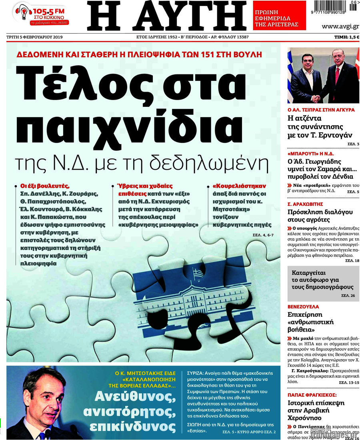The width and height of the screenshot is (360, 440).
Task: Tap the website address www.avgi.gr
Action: (x=340, y=26)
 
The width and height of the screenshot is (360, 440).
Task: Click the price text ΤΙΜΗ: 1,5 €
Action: (x=346, y=37)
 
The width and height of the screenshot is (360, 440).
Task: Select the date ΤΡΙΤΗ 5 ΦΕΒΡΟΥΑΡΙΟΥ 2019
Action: (x=34, y=37)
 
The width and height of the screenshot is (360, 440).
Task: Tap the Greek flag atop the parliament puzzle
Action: (x=198, y=274)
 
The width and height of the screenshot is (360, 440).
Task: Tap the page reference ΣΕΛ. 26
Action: (x=348, y=295)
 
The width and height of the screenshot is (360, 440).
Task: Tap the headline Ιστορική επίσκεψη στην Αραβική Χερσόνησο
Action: (x=316, y=410)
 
